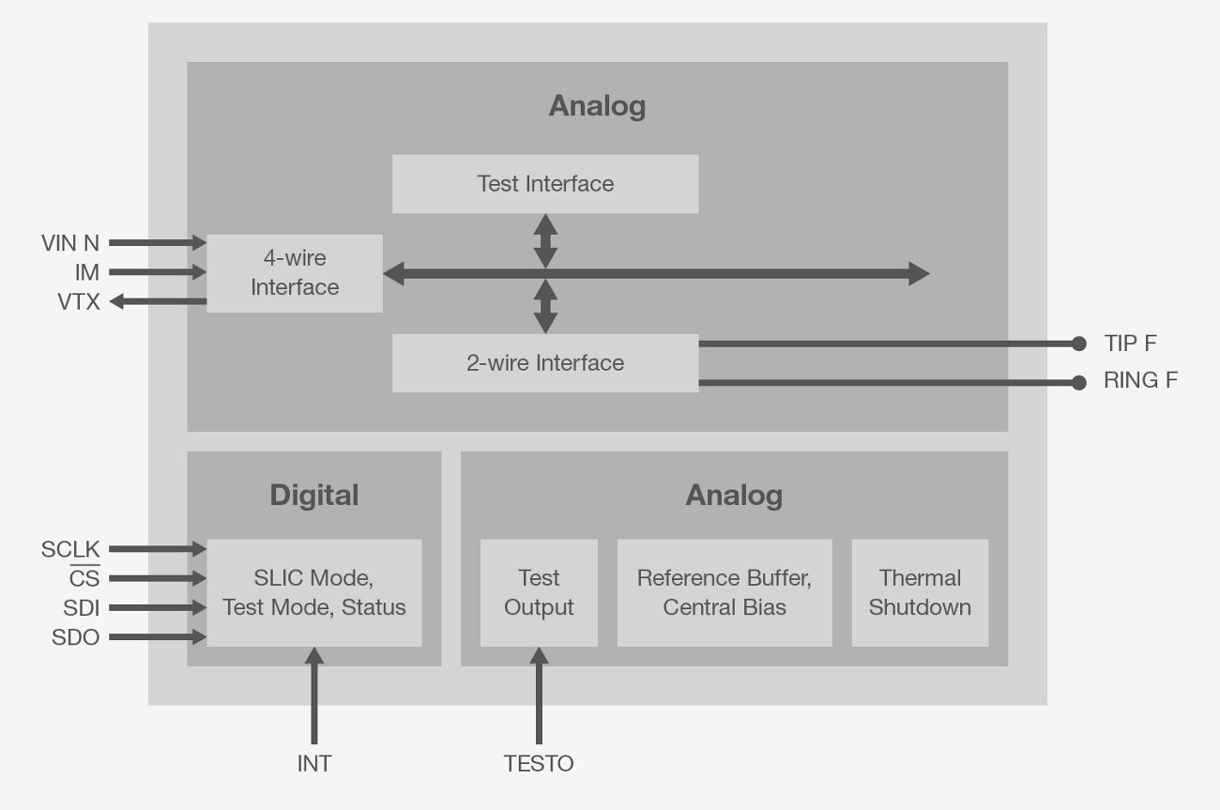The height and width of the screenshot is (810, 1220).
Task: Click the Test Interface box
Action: pyautogui.click(x=545, y=184)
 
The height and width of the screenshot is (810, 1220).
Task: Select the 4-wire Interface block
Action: pyautogui.click(x=295, y=273)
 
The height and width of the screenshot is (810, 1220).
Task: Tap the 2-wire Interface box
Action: pyautogui.click(x=545, y=363)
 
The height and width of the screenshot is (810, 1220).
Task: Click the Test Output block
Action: pyautogui.click(x=539, y=592)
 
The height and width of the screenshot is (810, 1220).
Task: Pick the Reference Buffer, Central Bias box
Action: pyautogui.click(x=724, y=592)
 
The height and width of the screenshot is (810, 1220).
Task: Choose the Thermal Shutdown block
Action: pyautogui.click(x=920, y=592)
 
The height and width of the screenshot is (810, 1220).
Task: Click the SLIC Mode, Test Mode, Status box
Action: pyautogui.click(x=313, y=592)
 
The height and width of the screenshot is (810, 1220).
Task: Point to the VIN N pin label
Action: pyautogui.click(x=70, y=243)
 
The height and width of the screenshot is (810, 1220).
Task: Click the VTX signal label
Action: pyautogui.click(x=79, y=302)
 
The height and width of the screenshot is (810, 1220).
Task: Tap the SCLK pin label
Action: pyautogui.click(x=70, y=549)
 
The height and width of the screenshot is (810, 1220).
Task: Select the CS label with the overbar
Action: pyautogui.click(x=84, y=578)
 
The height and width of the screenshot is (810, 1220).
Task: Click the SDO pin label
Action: pyautogui.click(x=76, y=637)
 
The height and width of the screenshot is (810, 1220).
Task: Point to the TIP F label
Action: pyautogui.click(x=1131, y=344)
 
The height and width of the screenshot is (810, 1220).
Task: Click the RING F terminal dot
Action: pyautogui.click(x=1079, y=382)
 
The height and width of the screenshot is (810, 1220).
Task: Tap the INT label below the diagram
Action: pyautogui.click(x=314, y=764)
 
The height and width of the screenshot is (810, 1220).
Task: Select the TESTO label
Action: pyautogui.click(x=539, y=764)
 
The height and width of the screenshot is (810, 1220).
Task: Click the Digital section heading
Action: pyautogui.click(x=314, y=495)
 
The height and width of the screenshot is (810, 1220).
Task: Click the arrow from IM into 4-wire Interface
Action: pyautogui.click(x=158, y=272)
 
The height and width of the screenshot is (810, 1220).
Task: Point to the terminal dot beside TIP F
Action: pyautogui.click(x=1079, y=344)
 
